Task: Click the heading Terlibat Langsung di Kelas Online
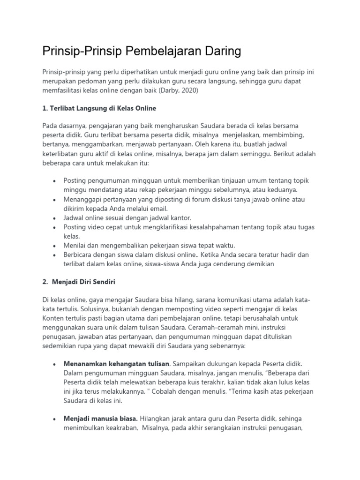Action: click(99, 108)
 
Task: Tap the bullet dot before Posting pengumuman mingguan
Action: click(55, 181)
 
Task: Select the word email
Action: click(157, 208)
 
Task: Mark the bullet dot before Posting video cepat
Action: click(55, 227)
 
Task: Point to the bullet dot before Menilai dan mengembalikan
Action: click(55, 246)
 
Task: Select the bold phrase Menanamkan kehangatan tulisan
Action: click(116, 364)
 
